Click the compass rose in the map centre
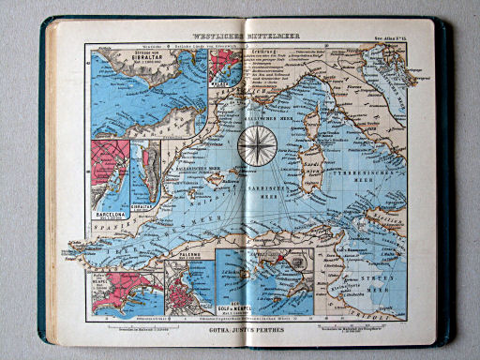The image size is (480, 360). pyautogui.click(x=254, y=143)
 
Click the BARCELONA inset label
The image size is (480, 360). pyautogui.click(x=110, y=213)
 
